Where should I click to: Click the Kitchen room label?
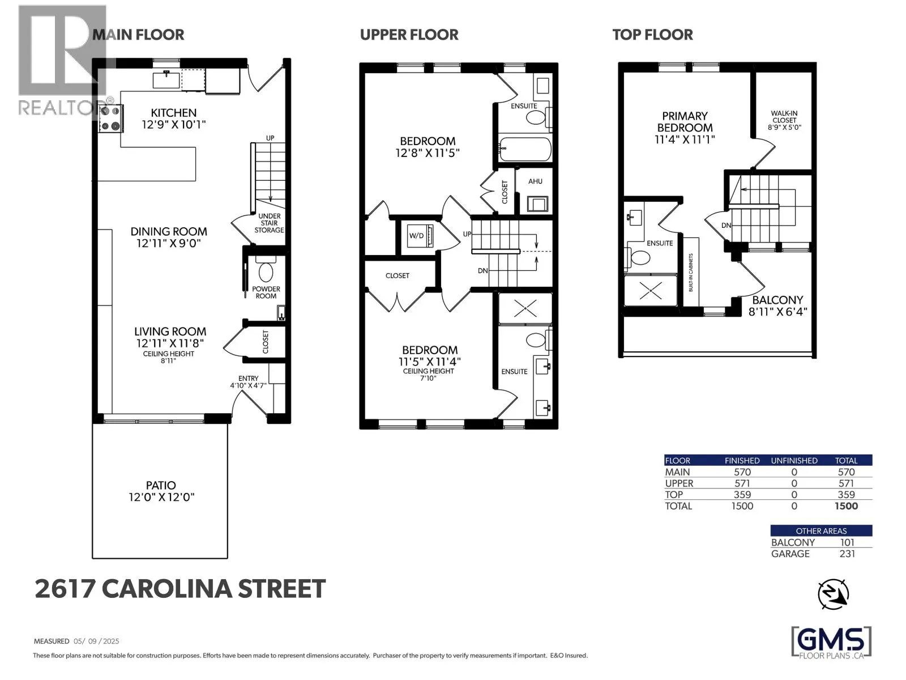tap(173, 113)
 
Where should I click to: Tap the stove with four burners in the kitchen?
tap(110, 119)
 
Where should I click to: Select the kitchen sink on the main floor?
tap(166, 80)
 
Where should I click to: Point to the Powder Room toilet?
tap(266, 270)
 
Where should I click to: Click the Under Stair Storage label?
tap(269, 223)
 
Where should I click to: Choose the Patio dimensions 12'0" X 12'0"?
tap(161, 497)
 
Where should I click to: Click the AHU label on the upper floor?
tap(535, 181)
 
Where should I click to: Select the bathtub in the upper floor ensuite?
tap(524, 149)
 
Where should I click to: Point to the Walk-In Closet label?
tap(784, 120)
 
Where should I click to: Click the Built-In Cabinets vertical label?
tap(691, 273)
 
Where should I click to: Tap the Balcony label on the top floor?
tap(777, 300)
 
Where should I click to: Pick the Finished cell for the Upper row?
tap(742, 483)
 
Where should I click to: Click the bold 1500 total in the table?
tap(846, 506)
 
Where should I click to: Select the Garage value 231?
tap(847, 554)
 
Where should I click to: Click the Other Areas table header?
tap(821, 531)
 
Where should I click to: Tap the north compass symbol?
tap(834, 594)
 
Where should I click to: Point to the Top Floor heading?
tap(652, 35)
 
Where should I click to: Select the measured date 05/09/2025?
tap(96, 641)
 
